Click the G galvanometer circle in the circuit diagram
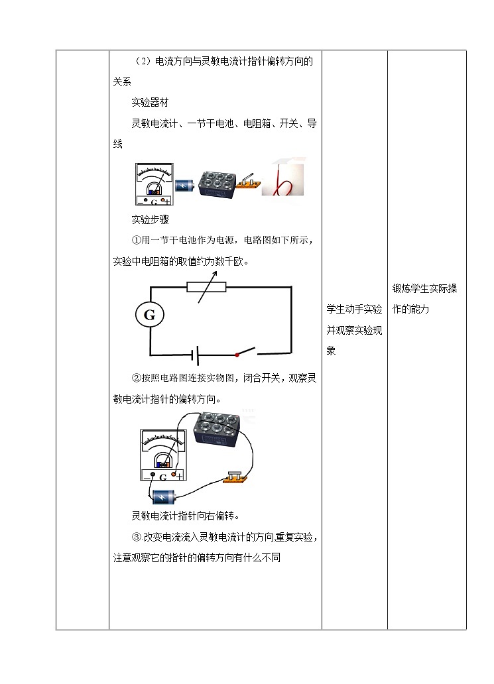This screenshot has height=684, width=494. (149, 315)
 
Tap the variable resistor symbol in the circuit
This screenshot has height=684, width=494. (206, 287)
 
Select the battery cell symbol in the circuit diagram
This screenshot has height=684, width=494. (195, 356)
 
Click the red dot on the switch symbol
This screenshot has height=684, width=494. (237, 355)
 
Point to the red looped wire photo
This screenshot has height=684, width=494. (284, 179)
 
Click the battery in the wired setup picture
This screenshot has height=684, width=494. (163, 497)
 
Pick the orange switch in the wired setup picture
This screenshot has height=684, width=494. (236, 479)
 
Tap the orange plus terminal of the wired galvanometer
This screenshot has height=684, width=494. (174, 475)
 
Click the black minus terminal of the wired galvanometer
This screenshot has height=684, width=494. (153, 475)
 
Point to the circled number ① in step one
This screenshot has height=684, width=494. (137, 240)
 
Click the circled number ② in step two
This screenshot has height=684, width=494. (137, 378)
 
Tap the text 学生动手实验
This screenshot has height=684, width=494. (354, 310)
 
